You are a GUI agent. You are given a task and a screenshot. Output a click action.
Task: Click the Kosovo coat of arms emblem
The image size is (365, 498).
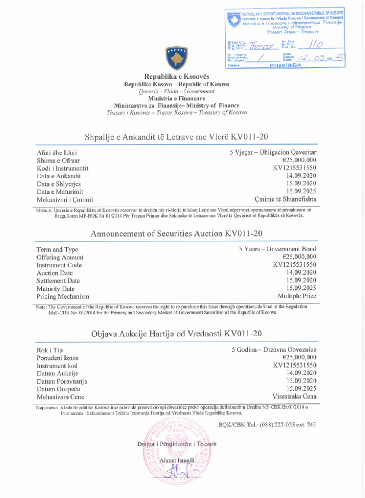177,58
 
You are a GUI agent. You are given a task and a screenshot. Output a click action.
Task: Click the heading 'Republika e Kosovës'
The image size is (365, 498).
177,76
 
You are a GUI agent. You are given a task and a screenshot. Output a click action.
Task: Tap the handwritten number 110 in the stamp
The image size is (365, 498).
315,44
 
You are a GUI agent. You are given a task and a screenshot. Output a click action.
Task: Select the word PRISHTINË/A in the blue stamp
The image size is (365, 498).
285,65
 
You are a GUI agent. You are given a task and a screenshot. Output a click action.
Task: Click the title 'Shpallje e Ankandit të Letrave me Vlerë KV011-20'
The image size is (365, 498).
176,137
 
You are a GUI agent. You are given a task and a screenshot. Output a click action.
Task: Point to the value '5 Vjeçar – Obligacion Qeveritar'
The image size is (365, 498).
273,152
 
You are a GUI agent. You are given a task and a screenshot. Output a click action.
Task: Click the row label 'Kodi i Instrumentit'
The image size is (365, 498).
63,168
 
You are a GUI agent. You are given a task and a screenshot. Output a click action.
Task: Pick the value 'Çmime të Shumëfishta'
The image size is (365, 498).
285,199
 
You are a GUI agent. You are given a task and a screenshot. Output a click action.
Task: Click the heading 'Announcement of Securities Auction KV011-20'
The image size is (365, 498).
176,234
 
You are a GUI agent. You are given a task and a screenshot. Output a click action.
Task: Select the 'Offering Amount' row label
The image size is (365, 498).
60,257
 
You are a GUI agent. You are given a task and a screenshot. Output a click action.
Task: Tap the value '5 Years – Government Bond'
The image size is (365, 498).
277,249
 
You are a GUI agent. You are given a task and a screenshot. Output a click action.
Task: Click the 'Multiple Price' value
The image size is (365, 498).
297,296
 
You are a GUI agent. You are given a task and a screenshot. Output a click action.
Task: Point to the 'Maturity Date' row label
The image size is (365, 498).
55,289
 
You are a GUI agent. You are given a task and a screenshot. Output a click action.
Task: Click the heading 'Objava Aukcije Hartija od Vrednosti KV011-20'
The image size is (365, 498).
176,333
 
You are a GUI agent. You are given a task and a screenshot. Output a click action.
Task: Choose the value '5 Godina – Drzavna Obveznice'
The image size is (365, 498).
274,349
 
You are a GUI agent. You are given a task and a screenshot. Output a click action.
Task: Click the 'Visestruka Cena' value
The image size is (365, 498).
294,396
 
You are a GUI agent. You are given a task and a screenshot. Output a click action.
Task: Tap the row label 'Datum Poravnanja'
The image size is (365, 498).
62,381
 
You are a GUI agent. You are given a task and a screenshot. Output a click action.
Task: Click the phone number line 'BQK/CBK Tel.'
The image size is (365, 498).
267,425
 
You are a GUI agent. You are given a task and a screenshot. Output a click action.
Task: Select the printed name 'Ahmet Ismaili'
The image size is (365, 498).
177,460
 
